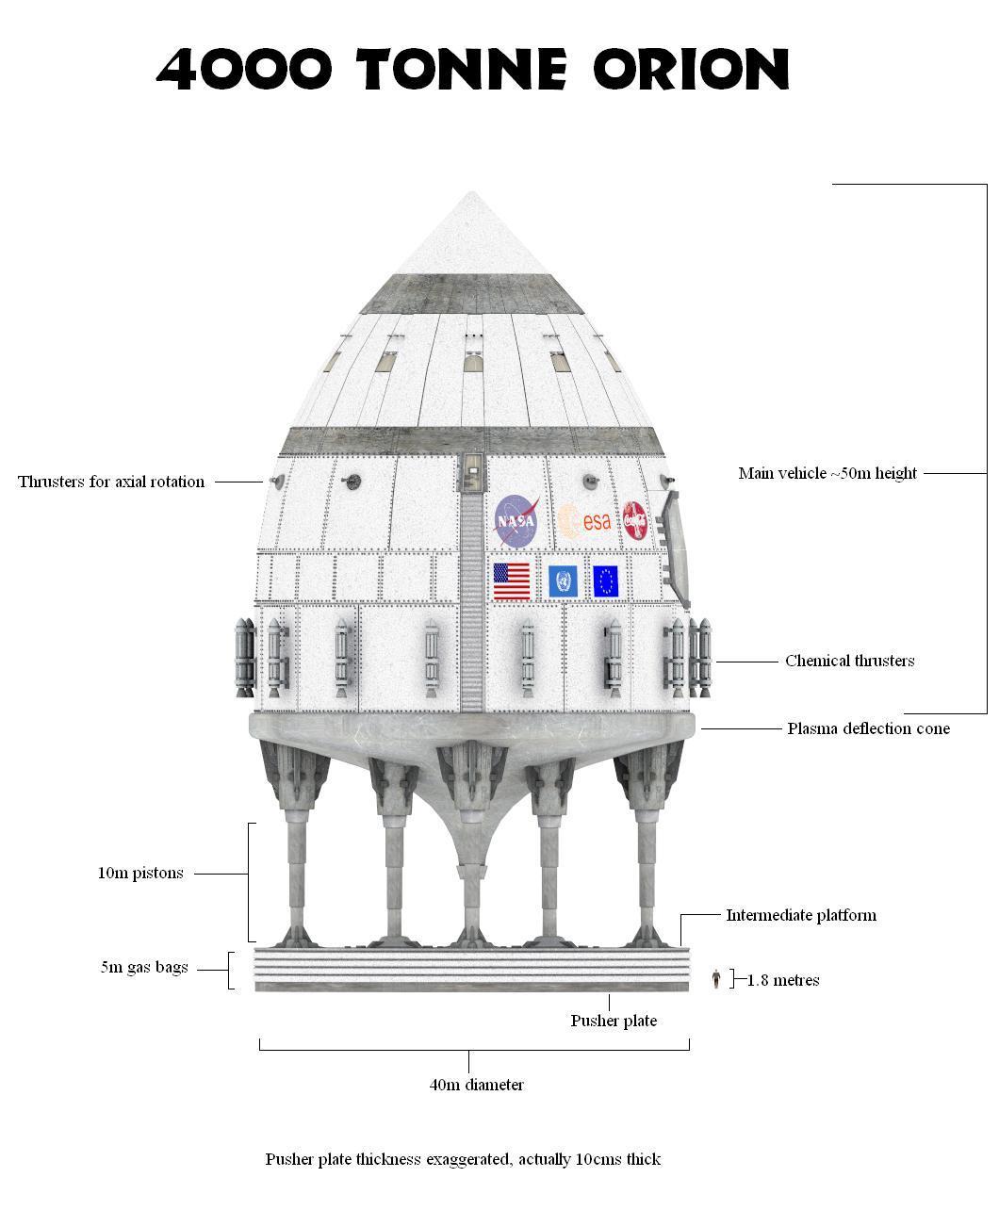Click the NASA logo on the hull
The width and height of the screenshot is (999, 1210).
point(516,520)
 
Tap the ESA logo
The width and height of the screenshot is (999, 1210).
point(584,520)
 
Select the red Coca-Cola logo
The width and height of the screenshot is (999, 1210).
point(636,520)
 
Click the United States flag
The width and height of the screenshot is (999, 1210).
point(512,581)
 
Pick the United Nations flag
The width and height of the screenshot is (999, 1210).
point(563,581)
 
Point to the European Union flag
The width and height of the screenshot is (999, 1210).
point(605,581)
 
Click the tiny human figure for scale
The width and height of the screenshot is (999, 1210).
point(716,979)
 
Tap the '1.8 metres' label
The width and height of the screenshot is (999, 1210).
point(783,980)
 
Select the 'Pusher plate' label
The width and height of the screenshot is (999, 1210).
point(614,1021)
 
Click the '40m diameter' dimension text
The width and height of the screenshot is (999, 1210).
point(476,1085)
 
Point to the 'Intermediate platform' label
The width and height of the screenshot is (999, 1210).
point(800,915)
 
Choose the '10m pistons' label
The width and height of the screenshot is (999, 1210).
point(140,873)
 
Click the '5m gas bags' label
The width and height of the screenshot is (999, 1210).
point(144,967)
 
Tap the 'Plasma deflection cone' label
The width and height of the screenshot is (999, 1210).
point(868,728)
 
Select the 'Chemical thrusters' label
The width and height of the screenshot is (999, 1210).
point(849,661)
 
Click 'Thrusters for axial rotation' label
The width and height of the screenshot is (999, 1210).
point(111,482)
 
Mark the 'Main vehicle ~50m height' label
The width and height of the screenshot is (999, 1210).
point(827,473)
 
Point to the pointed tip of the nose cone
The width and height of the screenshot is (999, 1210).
point(471,194)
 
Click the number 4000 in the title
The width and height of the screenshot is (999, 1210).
point(244,69)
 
